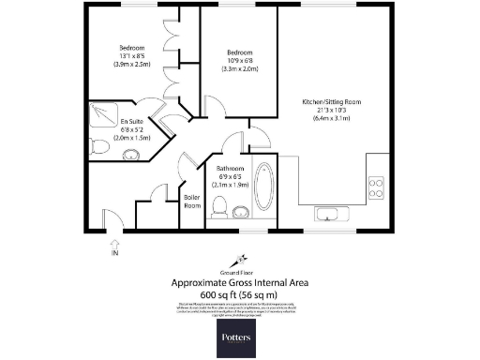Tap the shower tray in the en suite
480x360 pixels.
pos(102,117)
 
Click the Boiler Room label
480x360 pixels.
pos(192,200)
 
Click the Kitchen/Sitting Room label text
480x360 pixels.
pos(331,101)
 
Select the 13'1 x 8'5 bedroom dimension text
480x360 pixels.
pos(132,56)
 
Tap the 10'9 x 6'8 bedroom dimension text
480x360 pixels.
pos(238,56)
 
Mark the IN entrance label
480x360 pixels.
pos(115,253)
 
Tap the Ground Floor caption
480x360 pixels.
pos(239,270)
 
